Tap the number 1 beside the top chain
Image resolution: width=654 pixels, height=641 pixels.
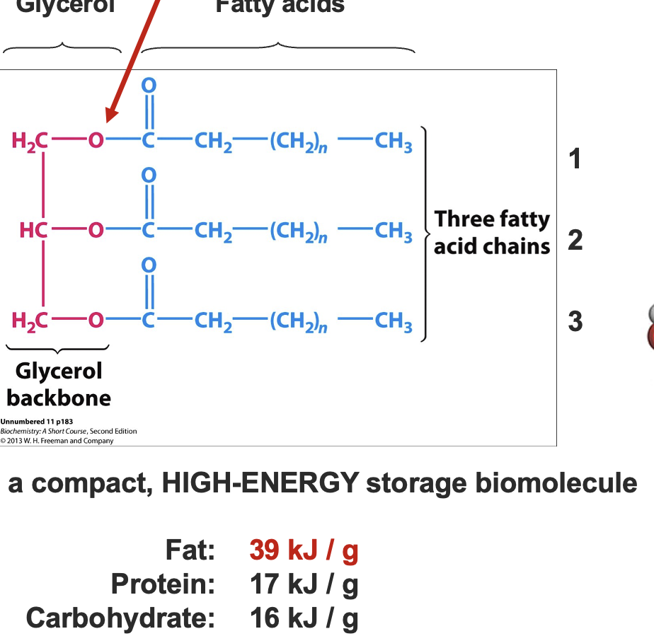[x=575, y=158]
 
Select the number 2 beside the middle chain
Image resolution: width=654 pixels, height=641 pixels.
[x=575, y=241]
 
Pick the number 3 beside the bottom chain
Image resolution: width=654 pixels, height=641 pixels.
[x=575, y=321]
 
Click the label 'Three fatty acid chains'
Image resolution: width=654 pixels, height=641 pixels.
[x=492, y=232]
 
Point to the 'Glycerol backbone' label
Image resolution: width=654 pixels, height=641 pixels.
[x=59, y=384]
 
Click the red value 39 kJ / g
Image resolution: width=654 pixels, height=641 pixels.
[x=304, y=550]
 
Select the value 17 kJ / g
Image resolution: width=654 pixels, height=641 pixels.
[x=304, y=584]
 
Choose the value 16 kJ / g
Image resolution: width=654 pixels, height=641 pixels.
[x=304, y=618]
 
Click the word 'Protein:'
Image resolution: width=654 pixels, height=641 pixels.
[x=163, y=584]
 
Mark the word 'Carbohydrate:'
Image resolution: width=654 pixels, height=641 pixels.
[x=120, y=618]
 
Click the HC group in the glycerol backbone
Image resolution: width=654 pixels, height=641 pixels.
[x=33, y=231]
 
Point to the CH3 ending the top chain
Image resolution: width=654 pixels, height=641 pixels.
[x=394, y=142]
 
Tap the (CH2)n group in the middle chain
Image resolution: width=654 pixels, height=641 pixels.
[x=298, y=232]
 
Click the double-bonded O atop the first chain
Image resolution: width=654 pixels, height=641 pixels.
[x=148, y=85]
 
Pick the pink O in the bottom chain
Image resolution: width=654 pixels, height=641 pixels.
[x=95, y=321]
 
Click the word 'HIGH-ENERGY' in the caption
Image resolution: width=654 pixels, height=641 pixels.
[x=260, y=483]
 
